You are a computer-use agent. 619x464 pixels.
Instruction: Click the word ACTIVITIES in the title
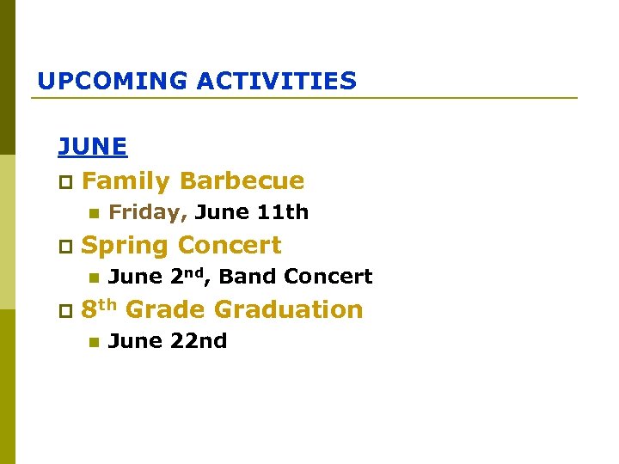coord(276,82)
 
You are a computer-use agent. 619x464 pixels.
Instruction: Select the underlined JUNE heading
coord(92,147)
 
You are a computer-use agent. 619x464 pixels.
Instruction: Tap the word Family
coord(126,181)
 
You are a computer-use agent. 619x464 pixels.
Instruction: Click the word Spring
coord(125,246)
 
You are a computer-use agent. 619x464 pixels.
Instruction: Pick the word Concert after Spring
coord(230,246)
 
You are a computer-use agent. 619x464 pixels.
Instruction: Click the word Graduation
coord(288,309)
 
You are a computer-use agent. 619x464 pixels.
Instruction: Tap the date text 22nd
coord(198,341)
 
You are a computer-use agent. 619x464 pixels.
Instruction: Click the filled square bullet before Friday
coord(93,213)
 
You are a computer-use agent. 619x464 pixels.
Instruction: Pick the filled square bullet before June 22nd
coord(93,342)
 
